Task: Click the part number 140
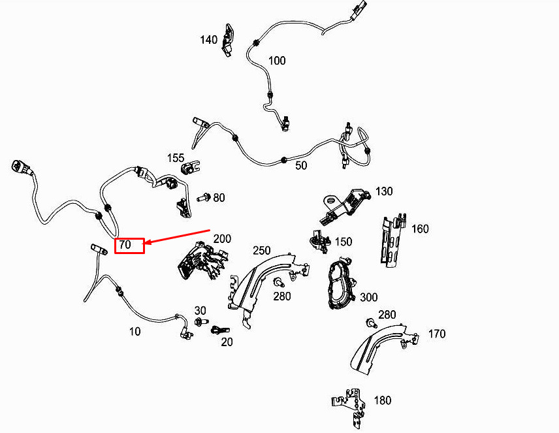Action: [x=208, y=40]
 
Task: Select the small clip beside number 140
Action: [x=227, y=40]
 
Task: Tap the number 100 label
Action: [x=277, y=61]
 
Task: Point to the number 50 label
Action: [x=301, y=165]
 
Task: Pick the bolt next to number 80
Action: [x=204, y=197]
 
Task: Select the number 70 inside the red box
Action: [x=125, y=245]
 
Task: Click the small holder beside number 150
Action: [x=320, y=241]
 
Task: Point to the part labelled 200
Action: [x=202, y=261]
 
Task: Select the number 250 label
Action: [x=262, y=251]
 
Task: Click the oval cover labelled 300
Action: [x=341, y=283]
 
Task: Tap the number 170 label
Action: [x=437, y=334]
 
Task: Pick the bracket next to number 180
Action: [x=349, y=408]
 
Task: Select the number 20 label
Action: [x=227, y=342]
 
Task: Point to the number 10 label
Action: [x=135, y=332]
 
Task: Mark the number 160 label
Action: [x=420, y=229]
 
